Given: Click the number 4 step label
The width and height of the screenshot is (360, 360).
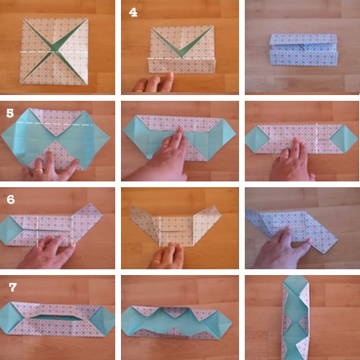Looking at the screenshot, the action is pyautogui.click(x=133, y=12).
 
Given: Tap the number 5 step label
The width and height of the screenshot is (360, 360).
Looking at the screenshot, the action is pyautogui.click(x=10, y=113).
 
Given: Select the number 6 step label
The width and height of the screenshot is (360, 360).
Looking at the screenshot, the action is pyautogui.click(x=11, y=199).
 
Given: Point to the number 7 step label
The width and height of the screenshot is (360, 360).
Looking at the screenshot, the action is pyautogui.click(x=13, y=287).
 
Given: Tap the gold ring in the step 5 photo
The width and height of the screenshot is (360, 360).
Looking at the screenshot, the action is pyautogui.click(x=39, y=169).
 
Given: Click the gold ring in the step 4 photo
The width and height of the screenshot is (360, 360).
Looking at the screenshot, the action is pyautogui.click(x=139, y=91).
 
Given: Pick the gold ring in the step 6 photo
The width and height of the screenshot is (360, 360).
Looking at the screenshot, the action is pyautogui.click(x=41, y=246).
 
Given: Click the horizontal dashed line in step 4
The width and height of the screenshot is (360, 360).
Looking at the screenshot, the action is pyautogui.click(x=181, y=58).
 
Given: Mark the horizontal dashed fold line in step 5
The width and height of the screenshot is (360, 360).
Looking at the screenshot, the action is pyautogui.click(x=55, y=124).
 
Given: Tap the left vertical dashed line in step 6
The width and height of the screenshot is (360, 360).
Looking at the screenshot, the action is pyautogui.click(x=37, y=231).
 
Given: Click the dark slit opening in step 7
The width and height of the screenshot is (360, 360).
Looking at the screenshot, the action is pyautogui.click(x=55, y=316).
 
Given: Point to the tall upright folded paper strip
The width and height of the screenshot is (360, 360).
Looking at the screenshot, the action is pyautogui.click(x=296, y=318).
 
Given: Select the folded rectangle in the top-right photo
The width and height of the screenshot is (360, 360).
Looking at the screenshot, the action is pyautogui.click(x=304, y=50).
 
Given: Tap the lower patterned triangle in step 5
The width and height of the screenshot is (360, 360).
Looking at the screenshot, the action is pyautogui.click(x=57, y=154).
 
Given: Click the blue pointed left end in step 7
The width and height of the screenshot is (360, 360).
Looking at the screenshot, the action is pyautogui.click(x=9, y=318).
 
